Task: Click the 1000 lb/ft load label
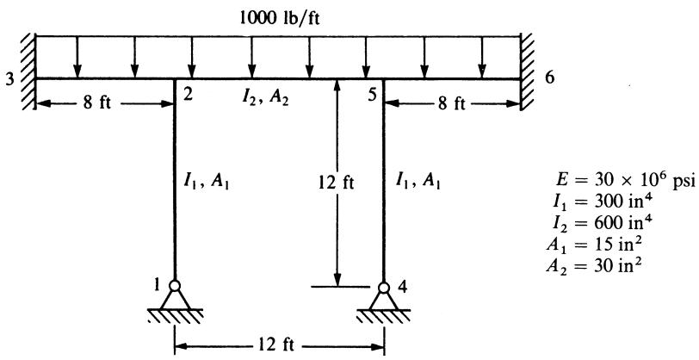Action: [x=280, y=19]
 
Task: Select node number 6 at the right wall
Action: [x=549, y=78]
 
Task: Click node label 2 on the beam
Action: [x=188, y=96]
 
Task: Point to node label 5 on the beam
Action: [x=373, y=96]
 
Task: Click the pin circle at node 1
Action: [x=174, y=285]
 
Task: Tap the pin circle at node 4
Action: [x=383, y=288]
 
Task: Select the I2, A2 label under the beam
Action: [x=265, y=97]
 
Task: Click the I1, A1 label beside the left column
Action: [x=207, y=183]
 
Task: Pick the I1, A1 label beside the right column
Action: [x=418, y=182]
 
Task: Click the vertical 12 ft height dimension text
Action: [x=337, y=183]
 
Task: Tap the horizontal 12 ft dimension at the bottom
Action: [x=276, y=345]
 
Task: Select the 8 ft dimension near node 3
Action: [x=102, y=104]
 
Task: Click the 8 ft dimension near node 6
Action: [x=452, y=104]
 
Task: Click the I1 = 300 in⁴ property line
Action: [x=601, y=204]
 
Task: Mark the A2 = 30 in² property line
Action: [x=594, y=267]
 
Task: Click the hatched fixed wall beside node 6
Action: [x=527, y=71]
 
